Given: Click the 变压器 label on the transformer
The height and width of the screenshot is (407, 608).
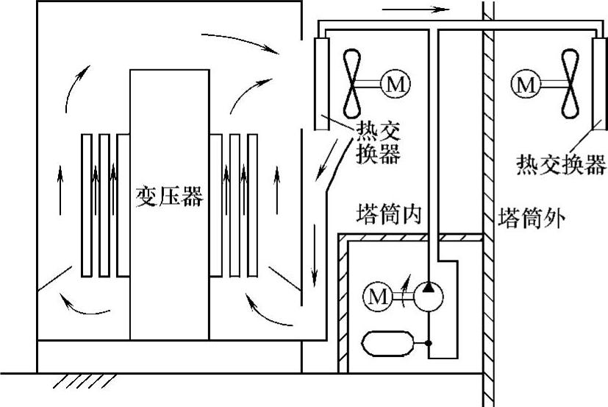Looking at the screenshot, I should coord(169,197).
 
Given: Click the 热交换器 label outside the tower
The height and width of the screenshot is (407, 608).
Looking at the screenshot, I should coord(561,163).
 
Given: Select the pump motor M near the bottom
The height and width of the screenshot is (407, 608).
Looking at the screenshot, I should coord(378,297).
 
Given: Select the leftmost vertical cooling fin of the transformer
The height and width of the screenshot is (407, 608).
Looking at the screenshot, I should coord(87,205).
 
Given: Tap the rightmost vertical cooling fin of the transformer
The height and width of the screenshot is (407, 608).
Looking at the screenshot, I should coord(252,205).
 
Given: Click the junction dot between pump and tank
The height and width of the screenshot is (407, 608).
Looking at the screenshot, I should coord(429,343).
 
